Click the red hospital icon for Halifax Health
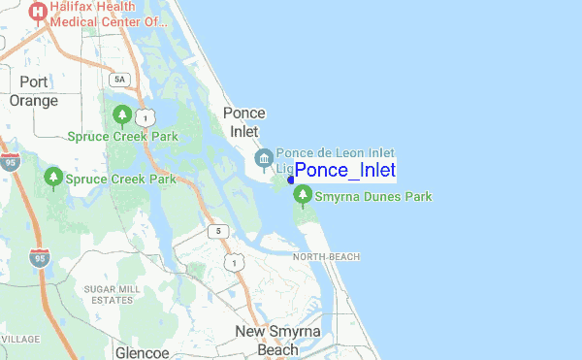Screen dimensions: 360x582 click(38, 12)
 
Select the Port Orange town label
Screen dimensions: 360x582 click(33, 90)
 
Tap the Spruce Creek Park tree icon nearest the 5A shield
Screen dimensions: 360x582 click(122, 116)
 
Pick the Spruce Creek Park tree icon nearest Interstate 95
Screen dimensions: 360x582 click(53, 179)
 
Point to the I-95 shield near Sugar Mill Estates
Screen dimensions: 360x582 click(40, 258)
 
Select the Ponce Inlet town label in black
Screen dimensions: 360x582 click(244, 121)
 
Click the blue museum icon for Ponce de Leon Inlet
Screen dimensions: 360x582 click(263, 159)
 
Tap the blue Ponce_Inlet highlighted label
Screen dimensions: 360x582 click(345, 171)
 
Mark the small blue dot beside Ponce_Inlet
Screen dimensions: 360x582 click(291, 179)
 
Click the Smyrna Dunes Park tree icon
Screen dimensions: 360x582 click(304, 197)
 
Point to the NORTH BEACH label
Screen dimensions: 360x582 click(326, 256)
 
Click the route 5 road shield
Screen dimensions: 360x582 click(220, 231)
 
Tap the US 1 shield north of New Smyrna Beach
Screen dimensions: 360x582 click(234, 263)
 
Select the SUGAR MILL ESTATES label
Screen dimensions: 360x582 click(112, 294)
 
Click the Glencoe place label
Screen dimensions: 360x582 click(143, 352)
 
